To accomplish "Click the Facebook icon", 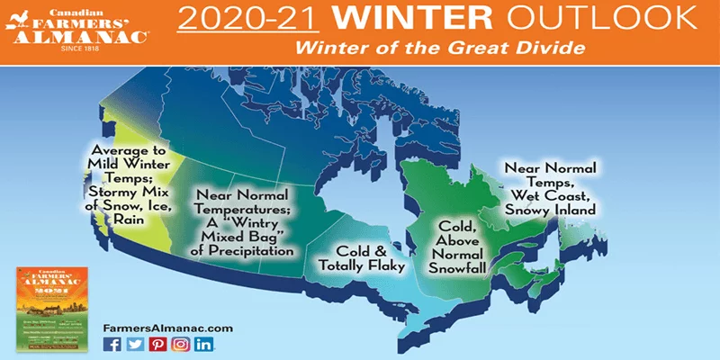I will (112, 344).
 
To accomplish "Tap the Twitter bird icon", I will (135, 344).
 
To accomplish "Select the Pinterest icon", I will (157, 344).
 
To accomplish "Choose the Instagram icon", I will (180, 344).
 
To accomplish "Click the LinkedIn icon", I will (203, 344).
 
